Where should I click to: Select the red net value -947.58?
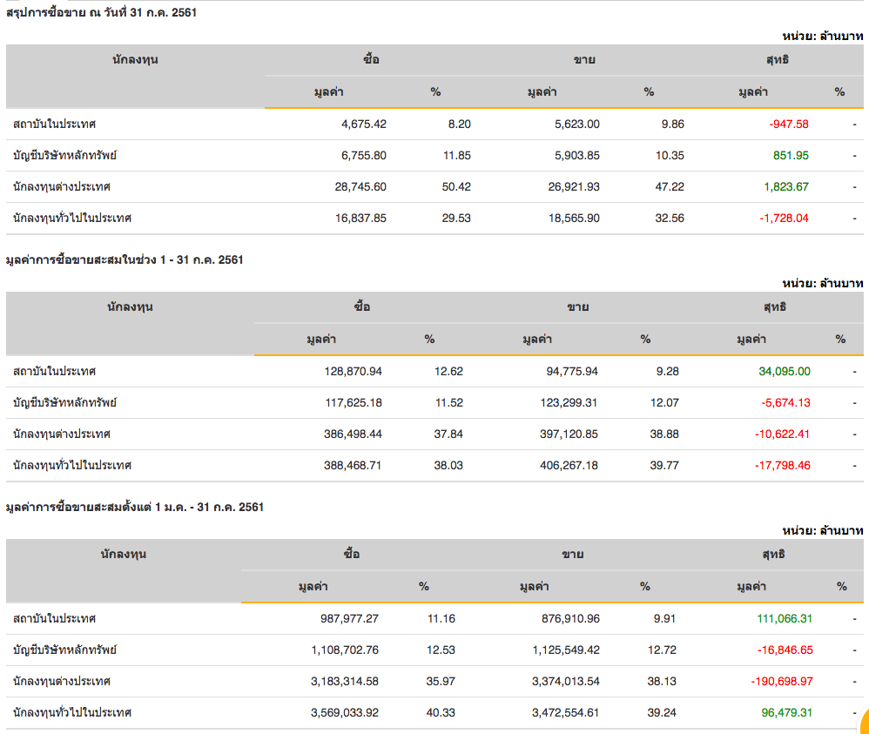[x=789, y=124]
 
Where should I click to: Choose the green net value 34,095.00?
[x=785, y=371]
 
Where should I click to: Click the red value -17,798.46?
[x=782, y=465]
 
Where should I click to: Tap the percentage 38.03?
[x=448, y=465]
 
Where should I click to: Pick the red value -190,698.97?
[x=781, y=681]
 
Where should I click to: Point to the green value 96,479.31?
[x=786, y=712]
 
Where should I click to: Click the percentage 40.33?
[x=441, y=712]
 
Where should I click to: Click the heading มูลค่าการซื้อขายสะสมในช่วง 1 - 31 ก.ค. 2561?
[x=125, y=259]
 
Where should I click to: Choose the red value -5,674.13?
[x=785, y=402]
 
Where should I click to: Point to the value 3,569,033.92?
[x=344, y=712]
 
